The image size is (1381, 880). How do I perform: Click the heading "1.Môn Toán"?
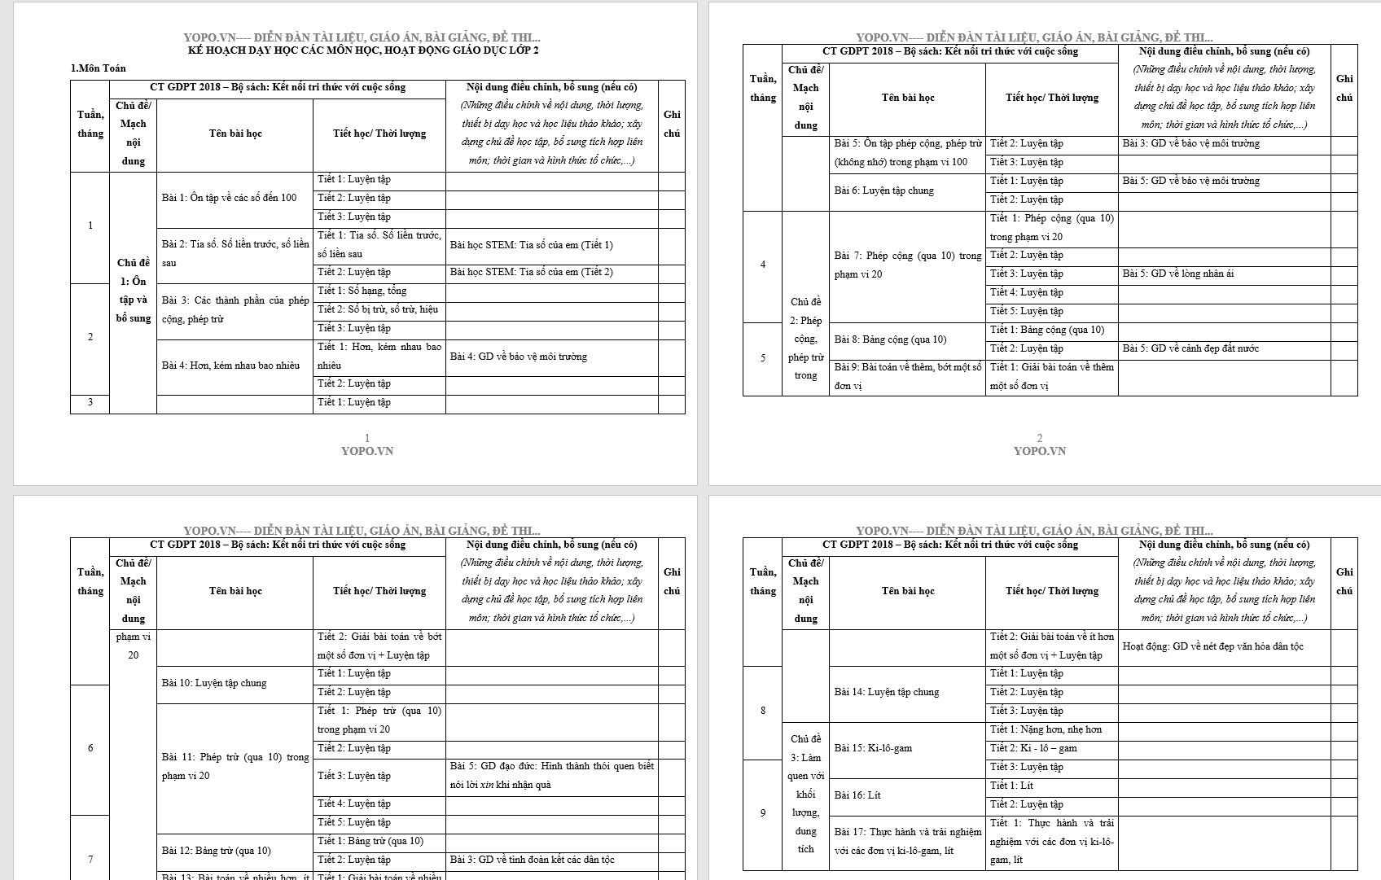coord(98,68)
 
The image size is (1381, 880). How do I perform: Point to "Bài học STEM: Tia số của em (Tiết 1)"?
coord(531,245)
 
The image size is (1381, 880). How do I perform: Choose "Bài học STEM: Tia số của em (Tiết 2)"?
coord(531,272)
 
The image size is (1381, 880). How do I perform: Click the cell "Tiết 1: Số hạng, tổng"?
coord(362,291)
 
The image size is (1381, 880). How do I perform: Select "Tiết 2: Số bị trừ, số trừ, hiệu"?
coord(378,309)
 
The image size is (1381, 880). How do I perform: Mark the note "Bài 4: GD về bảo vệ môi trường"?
coord(518,357)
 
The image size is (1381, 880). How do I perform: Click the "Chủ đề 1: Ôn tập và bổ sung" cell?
coord(133,291)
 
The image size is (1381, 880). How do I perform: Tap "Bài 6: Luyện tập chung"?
coord(883,190)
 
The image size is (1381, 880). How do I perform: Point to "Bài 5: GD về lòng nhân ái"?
coord(1177,274)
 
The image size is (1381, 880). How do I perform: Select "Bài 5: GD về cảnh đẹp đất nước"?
coord(1190,348)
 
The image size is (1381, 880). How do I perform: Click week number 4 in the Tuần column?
coord(763,265)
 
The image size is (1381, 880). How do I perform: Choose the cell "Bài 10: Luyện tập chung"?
coord(214,683)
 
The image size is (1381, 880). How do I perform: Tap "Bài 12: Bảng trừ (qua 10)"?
coord(216,851)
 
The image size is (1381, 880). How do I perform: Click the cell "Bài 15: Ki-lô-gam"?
coord(873,748)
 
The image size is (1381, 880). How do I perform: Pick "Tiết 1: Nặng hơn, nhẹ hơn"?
coord(1046,729)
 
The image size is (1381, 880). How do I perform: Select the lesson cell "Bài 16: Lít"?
coord(857,795)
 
